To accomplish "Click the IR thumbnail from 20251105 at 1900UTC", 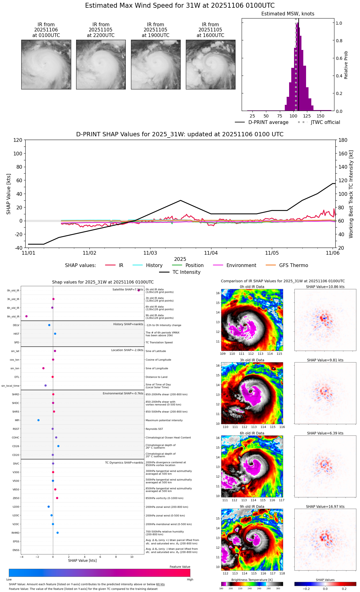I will [x=156, y=64].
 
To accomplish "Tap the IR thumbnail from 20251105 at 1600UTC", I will [x=211, y=64].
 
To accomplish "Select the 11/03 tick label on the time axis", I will [x=150, y=253].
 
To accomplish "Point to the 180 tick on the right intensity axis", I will [x=343, y=140].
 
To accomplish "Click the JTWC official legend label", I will [x=325, y=122].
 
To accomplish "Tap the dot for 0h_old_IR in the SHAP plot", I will [x=139, y=290].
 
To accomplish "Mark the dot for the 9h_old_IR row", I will [x=27, y=316].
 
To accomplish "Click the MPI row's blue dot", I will [x=39, y=420].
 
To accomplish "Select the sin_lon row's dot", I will [x=43, y=368].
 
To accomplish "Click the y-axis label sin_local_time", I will [x=10, y=386].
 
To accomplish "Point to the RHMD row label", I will [x=15, y=533].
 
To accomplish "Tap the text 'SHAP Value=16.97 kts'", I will [x=325, y=507].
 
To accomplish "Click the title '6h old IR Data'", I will [x=252, y=433].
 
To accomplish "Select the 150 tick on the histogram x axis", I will [x=321, y=116].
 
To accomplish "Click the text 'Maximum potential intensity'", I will [x=164, y=420].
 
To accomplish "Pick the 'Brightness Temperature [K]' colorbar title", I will [x=252, y=580].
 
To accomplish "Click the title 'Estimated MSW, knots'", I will [x=288, y=14].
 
